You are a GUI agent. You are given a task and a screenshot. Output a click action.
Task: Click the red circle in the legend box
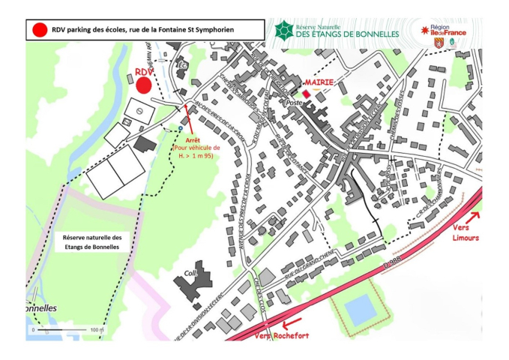coord(39,29)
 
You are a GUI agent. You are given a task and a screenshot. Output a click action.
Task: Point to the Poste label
coord(294,102)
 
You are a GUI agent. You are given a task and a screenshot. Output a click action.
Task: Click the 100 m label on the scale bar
coord(95,330)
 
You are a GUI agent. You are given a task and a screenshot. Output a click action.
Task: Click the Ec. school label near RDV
coord(181,65)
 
